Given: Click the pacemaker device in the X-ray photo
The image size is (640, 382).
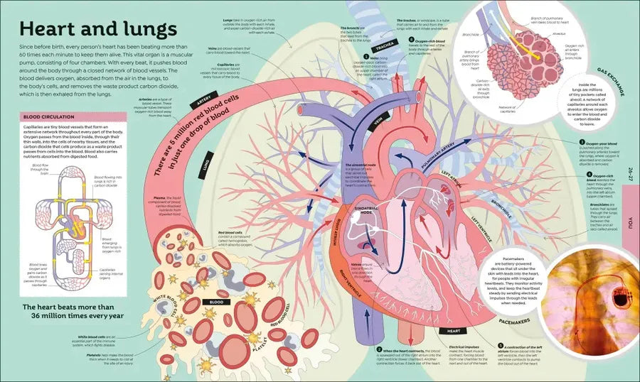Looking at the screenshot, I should (x=620, y=298).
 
